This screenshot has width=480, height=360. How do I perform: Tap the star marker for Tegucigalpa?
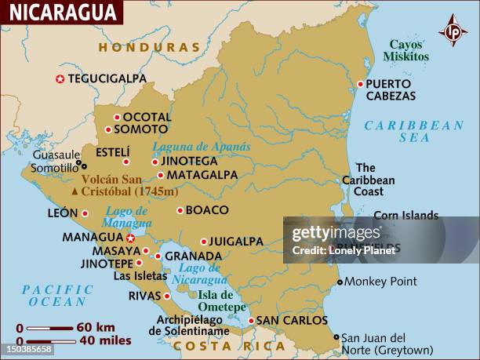(60, 78)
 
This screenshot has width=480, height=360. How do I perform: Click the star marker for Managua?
(130, 238)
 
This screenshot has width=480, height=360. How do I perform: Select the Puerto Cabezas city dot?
(361, 84)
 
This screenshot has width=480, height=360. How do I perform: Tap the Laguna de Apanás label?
(202, 147)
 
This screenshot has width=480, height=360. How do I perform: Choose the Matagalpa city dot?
(161, 175)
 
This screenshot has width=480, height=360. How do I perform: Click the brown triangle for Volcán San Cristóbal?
(75, 191)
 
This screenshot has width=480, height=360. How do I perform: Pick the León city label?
(63, 213)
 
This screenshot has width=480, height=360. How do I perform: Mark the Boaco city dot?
(180, 210)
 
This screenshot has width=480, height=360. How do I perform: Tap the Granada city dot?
(158, 256)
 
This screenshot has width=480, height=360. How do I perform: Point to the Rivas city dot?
(167, 296)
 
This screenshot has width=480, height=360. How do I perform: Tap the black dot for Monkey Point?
(340, 282)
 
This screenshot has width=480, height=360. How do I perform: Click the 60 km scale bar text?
(96, 327)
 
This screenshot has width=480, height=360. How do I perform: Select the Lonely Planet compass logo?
(453, 31)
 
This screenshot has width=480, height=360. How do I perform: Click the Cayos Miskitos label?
(405, 50)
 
